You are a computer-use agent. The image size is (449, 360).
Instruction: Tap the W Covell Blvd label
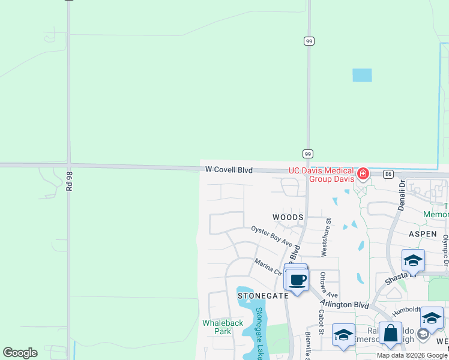tap(229, 170)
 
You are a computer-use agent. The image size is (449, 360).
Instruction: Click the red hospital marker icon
tap(363, 174)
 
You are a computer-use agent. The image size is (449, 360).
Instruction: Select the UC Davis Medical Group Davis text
tap(322, 175)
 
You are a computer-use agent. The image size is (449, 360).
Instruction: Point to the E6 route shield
tap(388, 174)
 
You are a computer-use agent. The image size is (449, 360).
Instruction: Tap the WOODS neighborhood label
tap(288, 217)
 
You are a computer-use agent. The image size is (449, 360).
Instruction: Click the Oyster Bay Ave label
tap(272, 236)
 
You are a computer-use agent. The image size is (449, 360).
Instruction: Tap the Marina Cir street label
tap(268, 268)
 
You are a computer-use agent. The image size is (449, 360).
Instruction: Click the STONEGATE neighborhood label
tap(263, 296)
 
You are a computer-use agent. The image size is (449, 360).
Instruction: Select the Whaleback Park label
tap(223, 327)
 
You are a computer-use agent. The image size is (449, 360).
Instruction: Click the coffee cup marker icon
tap(297, 279)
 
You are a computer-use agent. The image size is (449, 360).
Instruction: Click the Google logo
tap(20, 353)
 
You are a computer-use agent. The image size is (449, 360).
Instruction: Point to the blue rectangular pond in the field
tap(362, 75)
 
